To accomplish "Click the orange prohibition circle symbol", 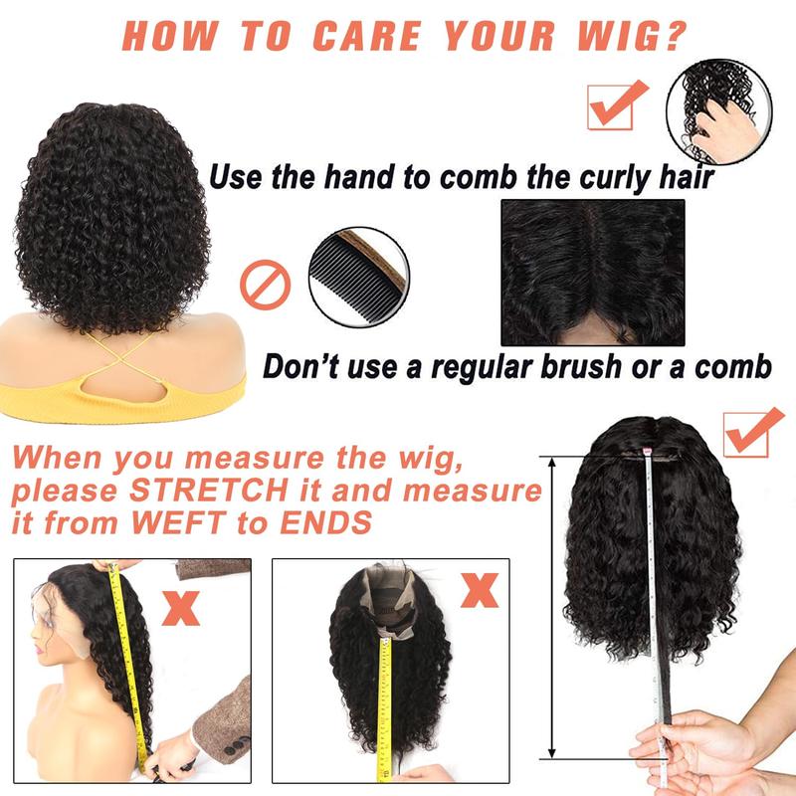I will pyautogui.click(x=261, y=286).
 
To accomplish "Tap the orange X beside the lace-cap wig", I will pyautogui.click(x=480, y=591).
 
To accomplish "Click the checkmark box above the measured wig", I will pyautogui.click(x=752, y=433).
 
